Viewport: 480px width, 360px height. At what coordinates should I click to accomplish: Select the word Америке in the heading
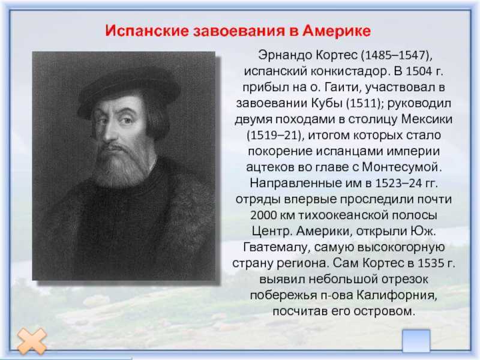click(337, 31)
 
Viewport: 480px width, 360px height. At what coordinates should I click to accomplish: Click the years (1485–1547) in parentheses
click(397, 55)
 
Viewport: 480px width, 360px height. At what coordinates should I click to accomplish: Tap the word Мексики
click(427, 119)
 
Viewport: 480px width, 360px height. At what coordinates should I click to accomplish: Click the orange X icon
click(32, 341)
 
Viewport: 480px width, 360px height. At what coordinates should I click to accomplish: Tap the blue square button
click(416, 341)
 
